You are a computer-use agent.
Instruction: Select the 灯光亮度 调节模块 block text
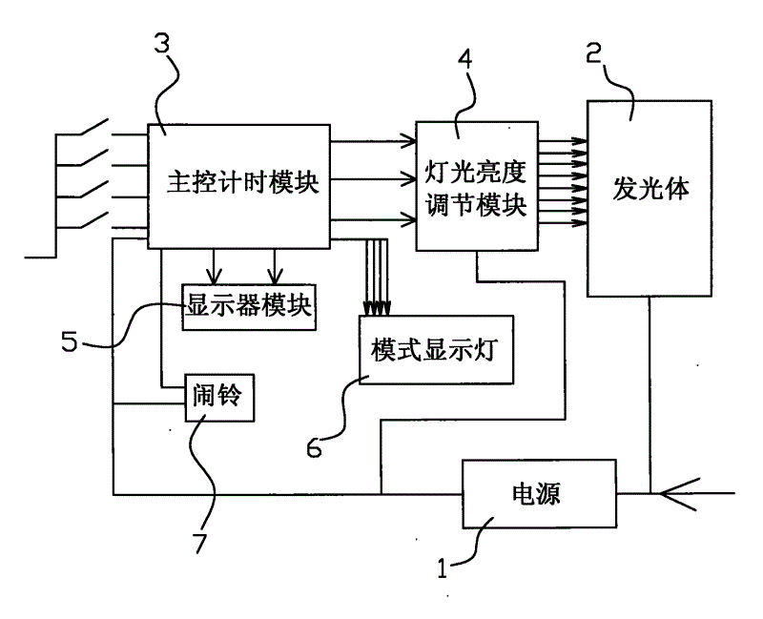[475, 189]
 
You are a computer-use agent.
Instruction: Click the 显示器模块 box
[248, 306]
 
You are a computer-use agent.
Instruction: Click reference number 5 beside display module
[70, 341]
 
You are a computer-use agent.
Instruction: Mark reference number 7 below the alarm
[199, 543]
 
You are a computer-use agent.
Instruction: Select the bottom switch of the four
[96, 222]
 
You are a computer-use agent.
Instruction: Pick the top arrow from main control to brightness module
[372, 143]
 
